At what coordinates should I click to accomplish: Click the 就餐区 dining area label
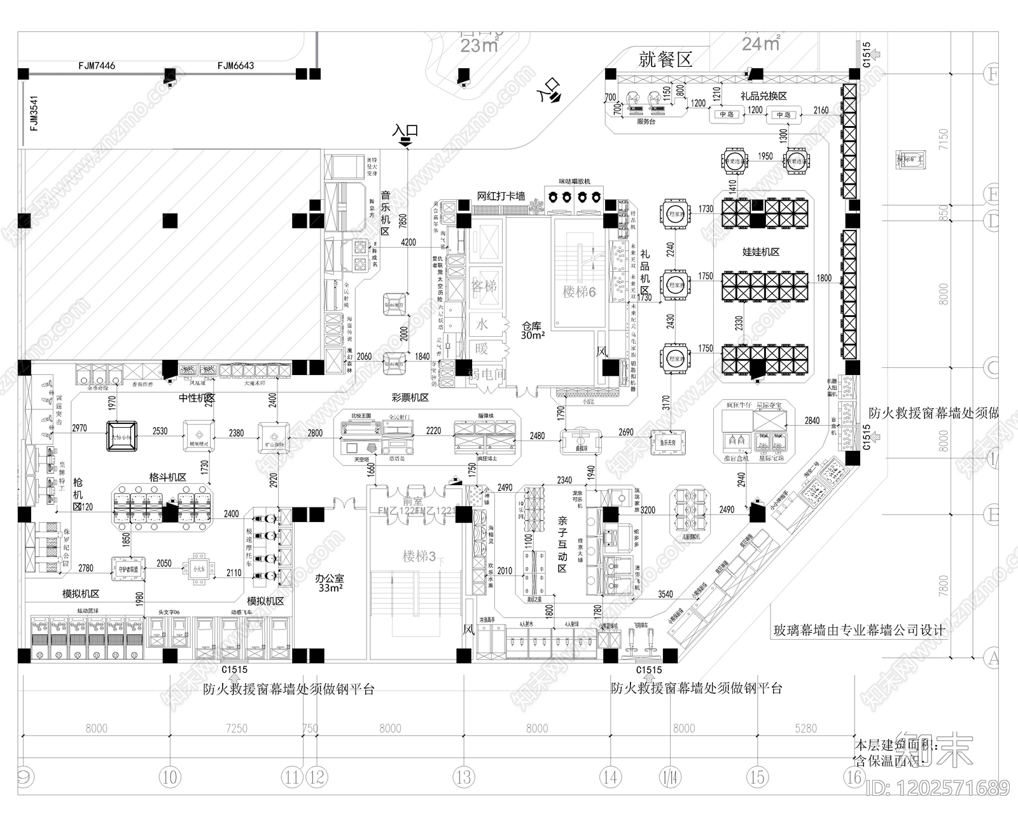pos(666,60)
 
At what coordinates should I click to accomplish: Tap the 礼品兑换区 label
pos(763,96)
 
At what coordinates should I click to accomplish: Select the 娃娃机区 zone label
pos(761,252)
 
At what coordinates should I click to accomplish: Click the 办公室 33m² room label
pos(330,583)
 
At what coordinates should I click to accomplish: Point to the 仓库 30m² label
pos(532,330)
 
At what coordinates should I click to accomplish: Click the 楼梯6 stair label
pos(579,292)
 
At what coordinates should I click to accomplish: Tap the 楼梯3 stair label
pos(419,556)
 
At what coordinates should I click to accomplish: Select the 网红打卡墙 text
pos(501,196)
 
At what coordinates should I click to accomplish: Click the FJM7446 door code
pos(97,66)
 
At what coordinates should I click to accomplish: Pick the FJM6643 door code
pos(235,66)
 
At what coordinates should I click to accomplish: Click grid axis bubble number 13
pos(464,777)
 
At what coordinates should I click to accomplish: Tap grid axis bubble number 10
pos(169,777)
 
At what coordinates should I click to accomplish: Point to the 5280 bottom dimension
pos(805,728)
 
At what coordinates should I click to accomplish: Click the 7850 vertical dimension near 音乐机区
pos(402,220)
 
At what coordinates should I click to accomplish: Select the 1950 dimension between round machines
pos(765,156)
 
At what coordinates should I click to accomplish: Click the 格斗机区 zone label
pos(167,477)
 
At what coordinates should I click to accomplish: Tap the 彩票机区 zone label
pos(410,397)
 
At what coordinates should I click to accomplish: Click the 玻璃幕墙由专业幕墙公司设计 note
pos(859,630)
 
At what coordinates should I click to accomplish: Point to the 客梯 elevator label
pos(484,286)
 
